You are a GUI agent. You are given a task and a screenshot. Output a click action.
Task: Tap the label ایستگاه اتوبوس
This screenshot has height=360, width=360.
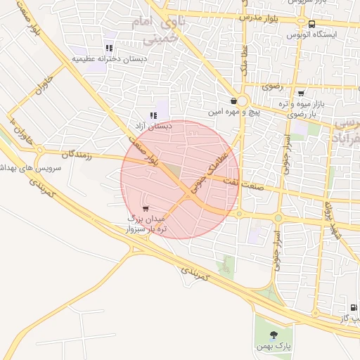(x=312, y=34)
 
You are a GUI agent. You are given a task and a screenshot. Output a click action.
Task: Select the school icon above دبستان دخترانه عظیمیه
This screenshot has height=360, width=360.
(x=108, y=47)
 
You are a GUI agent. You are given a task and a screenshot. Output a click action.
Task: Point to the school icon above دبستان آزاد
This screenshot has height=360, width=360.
(x=153, y=115)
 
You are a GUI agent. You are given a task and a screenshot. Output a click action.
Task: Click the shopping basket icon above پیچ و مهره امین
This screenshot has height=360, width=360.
(x=233, y=101)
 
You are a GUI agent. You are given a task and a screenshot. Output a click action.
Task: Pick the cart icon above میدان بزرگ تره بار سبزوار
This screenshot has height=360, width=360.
(x=145, y=208)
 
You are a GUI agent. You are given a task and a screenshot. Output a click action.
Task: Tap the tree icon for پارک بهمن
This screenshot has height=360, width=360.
(x=274, y=335)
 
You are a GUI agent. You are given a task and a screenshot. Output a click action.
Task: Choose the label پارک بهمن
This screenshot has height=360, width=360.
(x=274, y=347)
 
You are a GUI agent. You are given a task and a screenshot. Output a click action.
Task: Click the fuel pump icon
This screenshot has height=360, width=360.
(x=353, y=307)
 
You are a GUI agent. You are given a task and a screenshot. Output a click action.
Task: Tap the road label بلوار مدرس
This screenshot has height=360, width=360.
(x=261, y=16)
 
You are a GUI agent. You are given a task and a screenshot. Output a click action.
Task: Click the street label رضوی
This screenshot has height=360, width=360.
(x=271, y=86)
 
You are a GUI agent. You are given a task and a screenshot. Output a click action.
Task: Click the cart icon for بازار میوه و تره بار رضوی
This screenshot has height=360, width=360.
(x=301, y=93)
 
